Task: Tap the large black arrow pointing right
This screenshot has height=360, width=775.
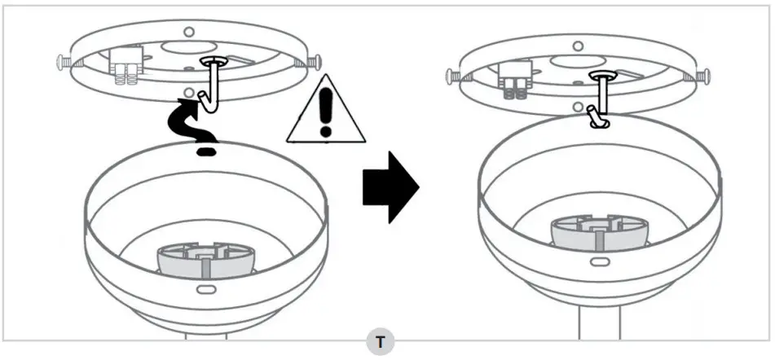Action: coord(390,187)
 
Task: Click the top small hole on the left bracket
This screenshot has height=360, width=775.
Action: coord(189,32)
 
